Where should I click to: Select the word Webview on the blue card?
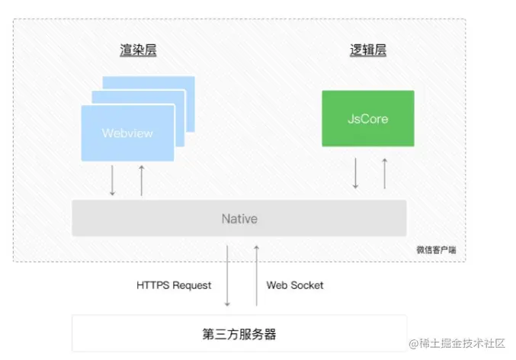pos(127,133)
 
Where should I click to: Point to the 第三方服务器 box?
pos(239,333)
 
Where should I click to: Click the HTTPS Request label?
pos(174,285)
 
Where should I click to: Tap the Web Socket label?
pos(295,285)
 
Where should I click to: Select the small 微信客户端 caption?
pos(438,249)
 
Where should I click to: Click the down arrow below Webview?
pos(113,180)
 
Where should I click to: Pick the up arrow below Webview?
pos(141,180)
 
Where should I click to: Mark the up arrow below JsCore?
pos(384,173)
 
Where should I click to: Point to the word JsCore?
pos(368,119)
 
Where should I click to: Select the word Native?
pos(239,218)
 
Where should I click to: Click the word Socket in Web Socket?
pos(306,285)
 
